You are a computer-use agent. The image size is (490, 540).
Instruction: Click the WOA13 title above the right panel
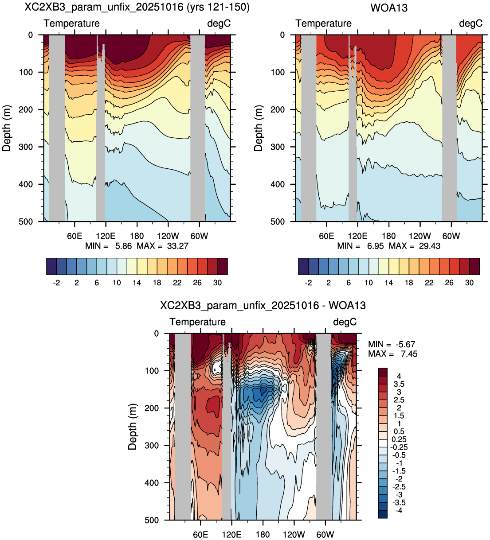[388, 8]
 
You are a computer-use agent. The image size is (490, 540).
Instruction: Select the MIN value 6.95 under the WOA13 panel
[375, 246]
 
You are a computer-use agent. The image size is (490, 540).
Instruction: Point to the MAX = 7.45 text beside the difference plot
[393, 354]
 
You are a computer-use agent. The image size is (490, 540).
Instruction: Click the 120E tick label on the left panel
[106, 236]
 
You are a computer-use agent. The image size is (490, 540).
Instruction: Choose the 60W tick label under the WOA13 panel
[451, 236]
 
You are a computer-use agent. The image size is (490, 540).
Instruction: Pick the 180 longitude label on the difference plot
[263, 535]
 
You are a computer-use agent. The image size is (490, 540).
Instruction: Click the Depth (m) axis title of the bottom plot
[132, 427]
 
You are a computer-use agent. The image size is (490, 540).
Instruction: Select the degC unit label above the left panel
[219, 23]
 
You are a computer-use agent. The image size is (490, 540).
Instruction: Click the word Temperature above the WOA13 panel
[323, 23]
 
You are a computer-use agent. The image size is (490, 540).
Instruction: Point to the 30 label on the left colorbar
[217, 283]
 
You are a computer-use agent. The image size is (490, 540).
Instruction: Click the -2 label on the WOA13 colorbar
[308, 283]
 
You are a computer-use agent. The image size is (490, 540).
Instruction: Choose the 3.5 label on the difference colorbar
[399, 384]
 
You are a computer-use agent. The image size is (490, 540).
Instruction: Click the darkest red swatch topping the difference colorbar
[383, 372]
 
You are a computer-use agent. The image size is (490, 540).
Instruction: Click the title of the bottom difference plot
[263, 306]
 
